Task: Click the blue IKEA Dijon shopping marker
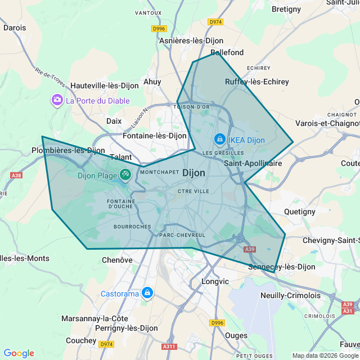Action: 219,138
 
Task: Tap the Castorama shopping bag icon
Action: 147,293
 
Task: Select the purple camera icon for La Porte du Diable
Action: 57,101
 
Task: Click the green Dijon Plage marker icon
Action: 125,175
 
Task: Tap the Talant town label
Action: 120,157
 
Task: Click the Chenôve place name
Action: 117,260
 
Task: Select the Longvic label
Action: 215,281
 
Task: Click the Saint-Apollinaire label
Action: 253,163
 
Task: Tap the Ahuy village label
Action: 152,82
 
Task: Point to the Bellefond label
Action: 227,52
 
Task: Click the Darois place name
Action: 14,27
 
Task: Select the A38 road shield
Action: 16,175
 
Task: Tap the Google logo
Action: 19,353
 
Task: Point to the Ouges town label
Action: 236,335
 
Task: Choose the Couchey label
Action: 81,340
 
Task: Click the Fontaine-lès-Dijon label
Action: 155,136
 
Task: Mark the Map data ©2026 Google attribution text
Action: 325,355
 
